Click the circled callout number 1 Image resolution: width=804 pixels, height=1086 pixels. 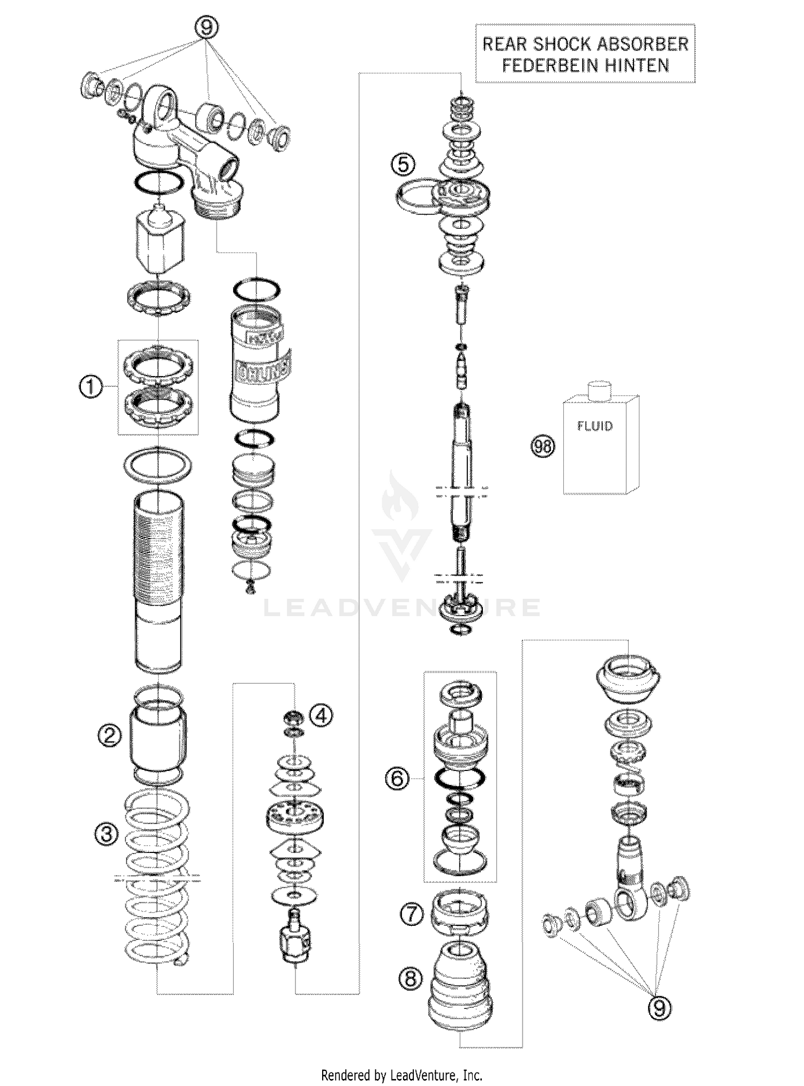(91, 386)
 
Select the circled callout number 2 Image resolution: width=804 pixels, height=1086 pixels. (109, 736)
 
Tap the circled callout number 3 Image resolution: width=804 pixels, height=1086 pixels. (107, 833)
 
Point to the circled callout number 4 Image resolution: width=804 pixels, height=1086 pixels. (321, 715)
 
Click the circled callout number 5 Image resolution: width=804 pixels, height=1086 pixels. (404, 164)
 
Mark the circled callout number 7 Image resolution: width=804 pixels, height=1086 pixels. (412, 914)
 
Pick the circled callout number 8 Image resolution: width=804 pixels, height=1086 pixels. (411, 979)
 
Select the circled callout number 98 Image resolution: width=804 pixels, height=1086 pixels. (543, 446)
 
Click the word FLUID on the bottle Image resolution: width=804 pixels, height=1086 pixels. (595, 426)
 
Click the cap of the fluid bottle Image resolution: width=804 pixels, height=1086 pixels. (600, 390)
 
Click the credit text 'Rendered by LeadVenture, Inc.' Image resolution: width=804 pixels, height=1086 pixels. (401, 1074)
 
